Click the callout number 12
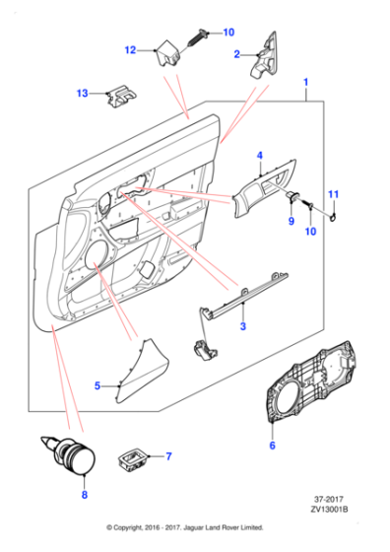click(x=130, y=50)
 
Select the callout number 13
click(x=83, y=94)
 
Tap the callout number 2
click(x=237, y=54)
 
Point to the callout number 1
click(x=305, y=83)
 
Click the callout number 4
click(x=260, y=156)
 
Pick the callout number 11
click(x=333, y=194)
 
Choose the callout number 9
click(x=292, y=221)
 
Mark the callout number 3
click(x=243, y=326)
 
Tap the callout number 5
click(x=97, y=385)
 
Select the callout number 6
click(x=272, y=446)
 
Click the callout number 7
click(x=168, y=456)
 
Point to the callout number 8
click(x=85, y=495)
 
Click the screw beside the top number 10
click(x=199, y=37)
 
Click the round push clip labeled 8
click(x=70, y=455)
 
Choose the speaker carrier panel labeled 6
click(x=311, y=381)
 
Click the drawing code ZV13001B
click(x=329, y=509)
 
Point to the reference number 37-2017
click(x=329, y=499)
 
